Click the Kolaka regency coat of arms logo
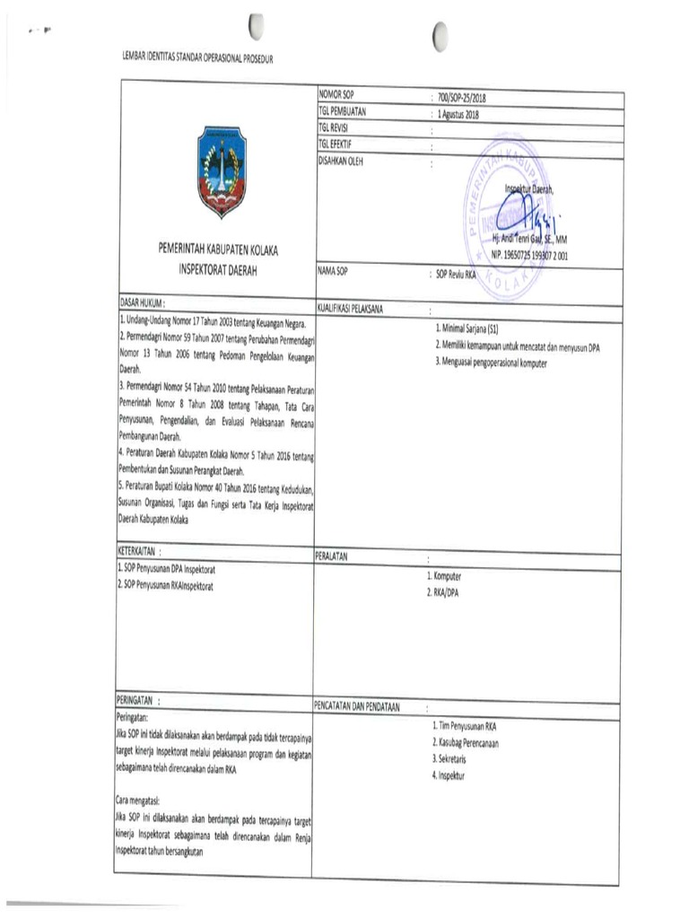222,171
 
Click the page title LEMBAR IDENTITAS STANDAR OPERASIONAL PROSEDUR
196,58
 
